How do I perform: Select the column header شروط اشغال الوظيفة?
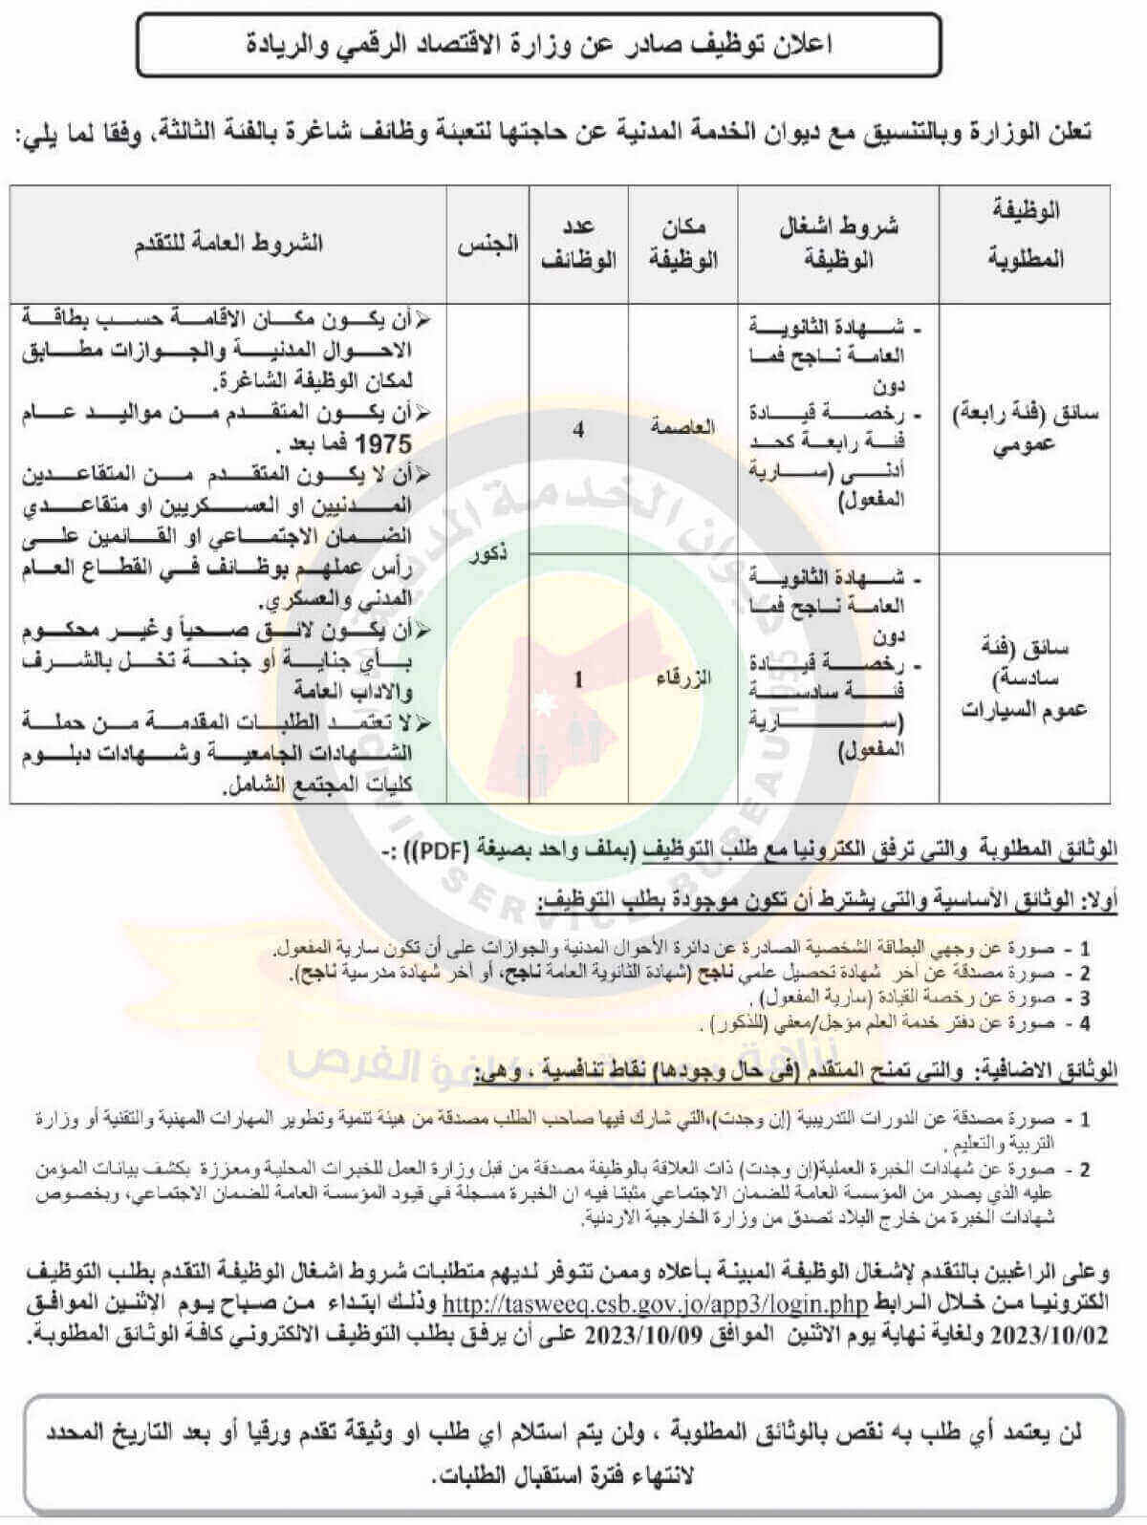tap(838, 243)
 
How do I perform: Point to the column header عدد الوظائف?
tap(579, 243)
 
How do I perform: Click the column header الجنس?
tap(487, 243)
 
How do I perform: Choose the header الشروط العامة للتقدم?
tap(228, 243)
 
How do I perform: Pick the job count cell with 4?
tap(578, 429)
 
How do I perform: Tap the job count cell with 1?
tap(578, 679)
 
